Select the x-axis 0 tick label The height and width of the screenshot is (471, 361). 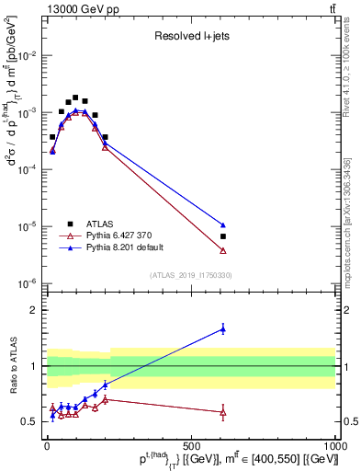point(47,445)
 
